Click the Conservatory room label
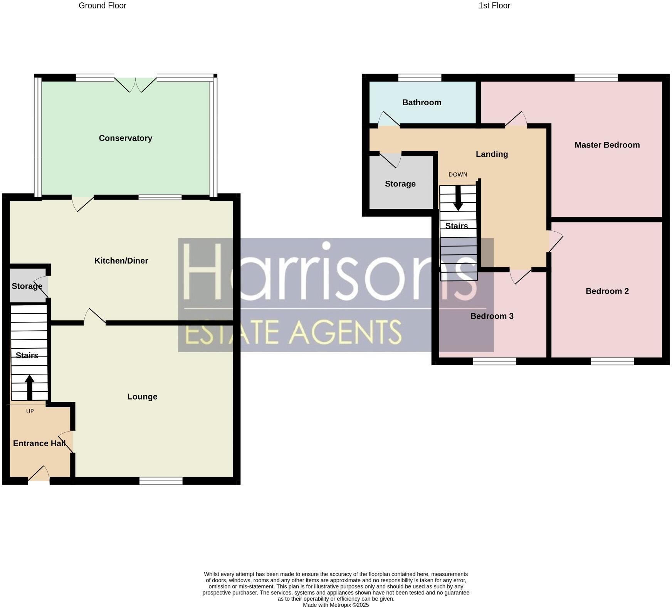click(125, 138)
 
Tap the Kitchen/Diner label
click(121, 261)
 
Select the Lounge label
click(142, 396)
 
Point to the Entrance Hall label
click(39, 443)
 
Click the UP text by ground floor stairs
click(30, 411)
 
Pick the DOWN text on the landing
click(458, 175)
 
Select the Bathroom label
click(422, 102)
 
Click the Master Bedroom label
click(607, 145)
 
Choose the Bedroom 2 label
click(607, 291)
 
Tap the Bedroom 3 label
click(492, 316)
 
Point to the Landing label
click(492, 154)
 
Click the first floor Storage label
click(400, 184)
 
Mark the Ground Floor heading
click(102, 6)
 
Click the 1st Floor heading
click(494, 6)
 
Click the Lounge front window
click(161, 480)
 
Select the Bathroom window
click(419, 78)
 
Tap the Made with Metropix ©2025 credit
click(336, 605)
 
